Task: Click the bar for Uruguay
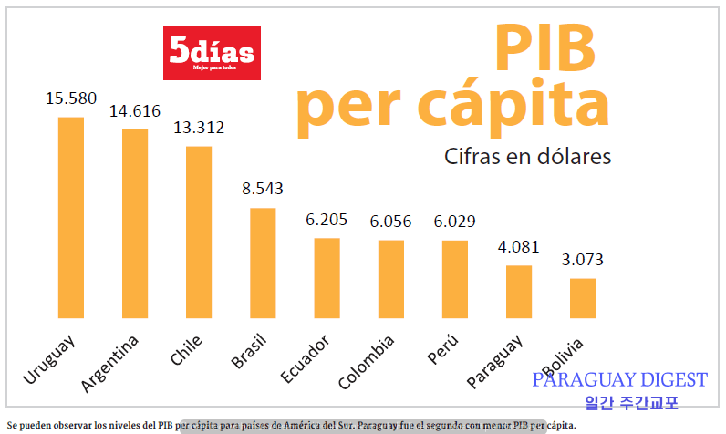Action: click(x=71, y=217)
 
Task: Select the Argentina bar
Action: click(x=135, y=223)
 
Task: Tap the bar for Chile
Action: click(x=199, y=232)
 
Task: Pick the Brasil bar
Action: click(x=263, y=263)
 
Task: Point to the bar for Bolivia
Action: click(x=583, y=298)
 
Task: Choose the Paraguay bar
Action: click(x=519, y=292)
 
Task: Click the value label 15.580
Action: click(x=71, y=98)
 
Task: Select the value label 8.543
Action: click(x=263, y=190)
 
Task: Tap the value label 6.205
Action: click(x=327, y=220)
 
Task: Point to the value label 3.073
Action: click(x=583, y=260)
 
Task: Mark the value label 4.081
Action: click(x=519, y=247)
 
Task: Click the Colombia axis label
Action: click(x=366, y=361)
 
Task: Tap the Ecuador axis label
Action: click(x=306, y=359)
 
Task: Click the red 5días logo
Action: click(x=212, y=53)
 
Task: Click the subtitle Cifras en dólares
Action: click(x=528, y=156)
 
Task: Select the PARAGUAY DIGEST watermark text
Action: click(x=620, y=380)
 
